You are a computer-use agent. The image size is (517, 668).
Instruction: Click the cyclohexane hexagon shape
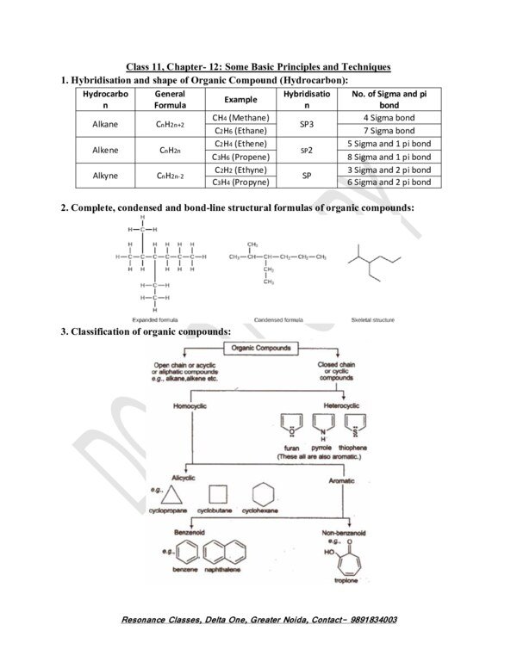(264, 494)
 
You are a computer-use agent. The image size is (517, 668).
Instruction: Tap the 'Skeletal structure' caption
(372, 319)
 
